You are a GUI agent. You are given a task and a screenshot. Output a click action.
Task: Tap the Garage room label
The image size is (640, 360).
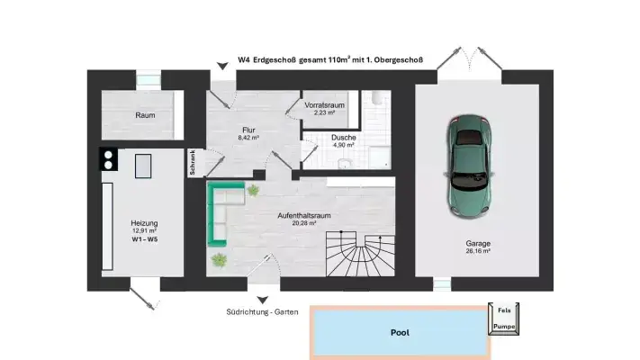coord(477,244)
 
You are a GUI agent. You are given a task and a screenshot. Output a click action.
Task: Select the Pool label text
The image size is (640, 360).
coord(400,332)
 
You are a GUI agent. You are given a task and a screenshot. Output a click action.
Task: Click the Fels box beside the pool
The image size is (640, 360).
coord(504,310)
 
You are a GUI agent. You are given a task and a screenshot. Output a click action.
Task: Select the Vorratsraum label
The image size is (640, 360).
coord(324,106)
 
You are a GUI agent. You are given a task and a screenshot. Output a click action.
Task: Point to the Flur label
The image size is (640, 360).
coord(248,130)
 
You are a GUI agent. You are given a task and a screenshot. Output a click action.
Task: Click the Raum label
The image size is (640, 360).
coord(145,115)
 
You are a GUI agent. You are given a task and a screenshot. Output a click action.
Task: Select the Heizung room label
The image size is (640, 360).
coord(144,223)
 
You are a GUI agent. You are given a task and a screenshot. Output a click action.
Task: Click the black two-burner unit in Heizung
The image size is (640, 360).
coord(108,159)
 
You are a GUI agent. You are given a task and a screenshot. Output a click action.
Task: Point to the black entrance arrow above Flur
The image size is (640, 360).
coord(221,66)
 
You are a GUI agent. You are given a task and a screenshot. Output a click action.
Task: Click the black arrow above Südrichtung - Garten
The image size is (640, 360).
coord(262,300)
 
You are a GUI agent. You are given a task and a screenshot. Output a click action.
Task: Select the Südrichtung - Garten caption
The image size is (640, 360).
coord(262,313)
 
